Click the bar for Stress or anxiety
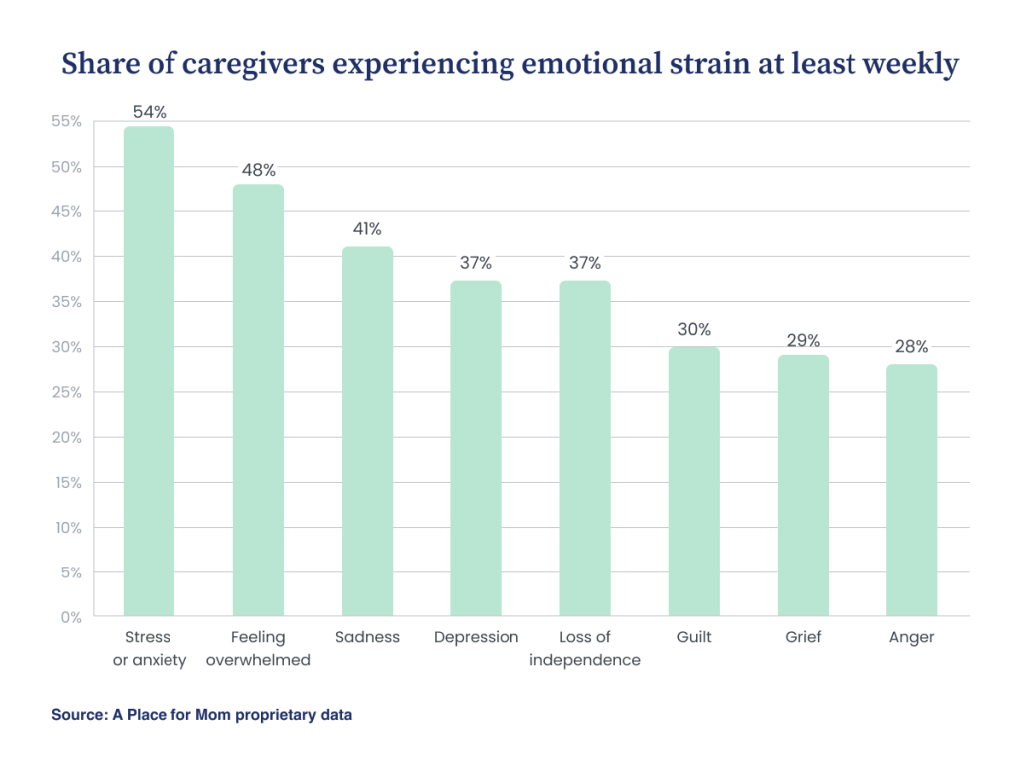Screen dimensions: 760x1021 pyautogui.click(x=149, y=371)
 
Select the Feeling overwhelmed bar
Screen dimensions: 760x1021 pyautogui.click(x=258, y=399)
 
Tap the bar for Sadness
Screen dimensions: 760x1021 pyautogui.click(x=367, y=431)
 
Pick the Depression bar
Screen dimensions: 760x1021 pyautogui.click(x=476, y=449)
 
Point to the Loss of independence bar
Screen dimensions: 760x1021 pyautogui.click(x=585, y=449)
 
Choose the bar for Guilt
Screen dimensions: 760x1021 pyautogui.click(x=694, y=481)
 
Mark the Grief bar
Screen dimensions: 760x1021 pyautogui.click(x=803, y=486)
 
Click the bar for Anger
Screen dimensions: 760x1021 pyautogui.click(x=911, y=490)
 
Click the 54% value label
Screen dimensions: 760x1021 pyautogui.click(x=149, y=111)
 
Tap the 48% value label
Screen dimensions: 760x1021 pyautogui.click(x=258, y=170)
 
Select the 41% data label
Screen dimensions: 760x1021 pyautogui.click(x=367, y=229)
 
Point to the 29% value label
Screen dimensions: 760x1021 pyautogui.click(x=803, y=340)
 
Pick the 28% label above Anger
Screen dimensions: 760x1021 pyautogui.click(x=911, y=347)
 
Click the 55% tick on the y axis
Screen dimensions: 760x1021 pyautogui.click(x=66, y=122)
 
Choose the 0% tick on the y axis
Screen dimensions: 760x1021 pyautogui.click(x=71, y=617)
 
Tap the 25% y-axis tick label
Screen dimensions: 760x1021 pyautogui.click(x=66, y=392)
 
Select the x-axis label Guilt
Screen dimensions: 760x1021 pyautogui.click(x=694, y=637)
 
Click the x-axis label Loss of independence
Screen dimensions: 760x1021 pyautogui.click(x=585, y=648)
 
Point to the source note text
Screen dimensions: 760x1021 pyautogui.click(x=201, y=715)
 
